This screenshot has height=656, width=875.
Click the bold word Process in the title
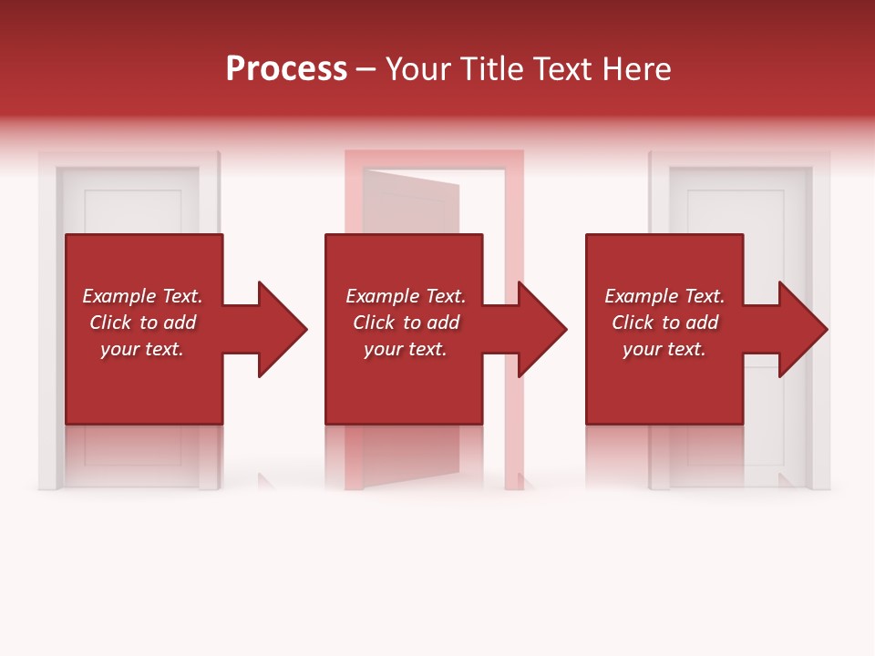(286, 69)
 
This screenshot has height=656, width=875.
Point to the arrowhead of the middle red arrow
(541, 329)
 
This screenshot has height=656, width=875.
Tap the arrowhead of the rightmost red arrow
(802, 329)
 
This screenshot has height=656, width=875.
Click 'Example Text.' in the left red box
(142, 296)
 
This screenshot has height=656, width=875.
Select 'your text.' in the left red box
(142, 349)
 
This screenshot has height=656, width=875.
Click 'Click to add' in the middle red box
(406, 323)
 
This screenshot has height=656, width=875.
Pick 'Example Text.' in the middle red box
(406, 296)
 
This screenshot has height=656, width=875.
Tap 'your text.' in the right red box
(664, 349)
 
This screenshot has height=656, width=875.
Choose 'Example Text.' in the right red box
(664, 296)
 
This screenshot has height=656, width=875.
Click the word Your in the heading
(417, 69)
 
